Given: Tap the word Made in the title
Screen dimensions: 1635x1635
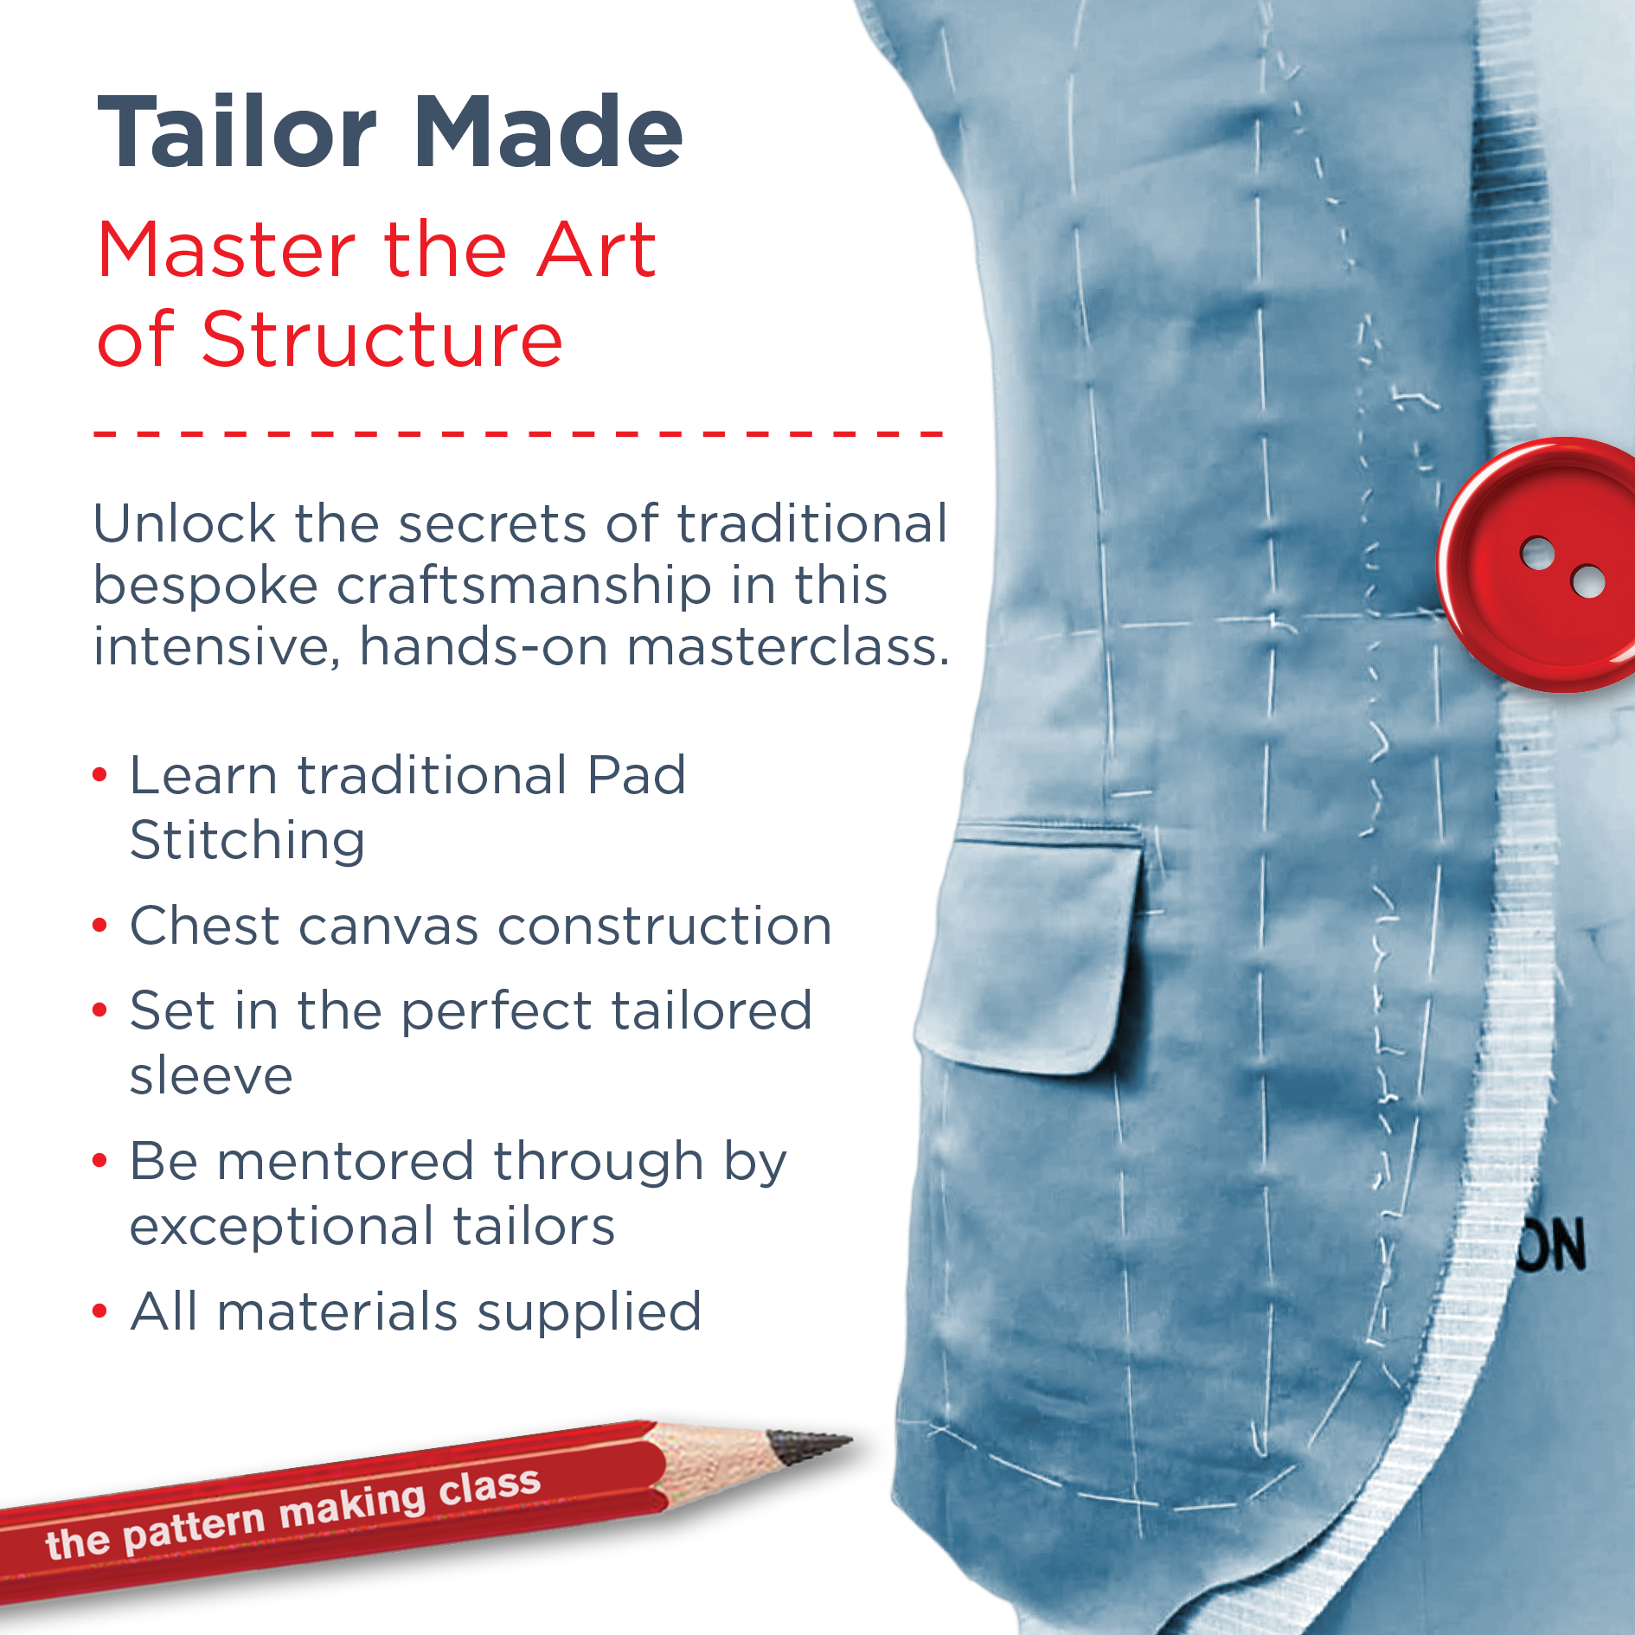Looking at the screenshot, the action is pos(548,131).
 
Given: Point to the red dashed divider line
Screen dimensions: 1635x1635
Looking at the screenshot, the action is pos(518,433).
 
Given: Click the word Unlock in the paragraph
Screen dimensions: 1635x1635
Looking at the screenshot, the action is pos(184,523).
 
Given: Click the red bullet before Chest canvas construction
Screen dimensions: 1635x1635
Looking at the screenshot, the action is pos(100,926).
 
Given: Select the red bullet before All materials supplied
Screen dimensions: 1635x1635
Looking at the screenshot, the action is pos(100,1311).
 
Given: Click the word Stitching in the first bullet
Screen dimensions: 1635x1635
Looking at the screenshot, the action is pos(247,840).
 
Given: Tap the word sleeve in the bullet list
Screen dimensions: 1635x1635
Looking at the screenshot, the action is pos(211,1076).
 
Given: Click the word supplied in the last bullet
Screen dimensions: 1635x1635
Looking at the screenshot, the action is pos(589,1312).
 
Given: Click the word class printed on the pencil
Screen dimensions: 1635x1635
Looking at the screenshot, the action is pos(490,1486).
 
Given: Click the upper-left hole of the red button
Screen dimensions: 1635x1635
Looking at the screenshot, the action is pos(1538,554).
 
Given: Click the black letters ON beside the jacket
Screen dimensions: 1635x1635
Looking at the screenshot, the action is pos(1553,1245).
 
